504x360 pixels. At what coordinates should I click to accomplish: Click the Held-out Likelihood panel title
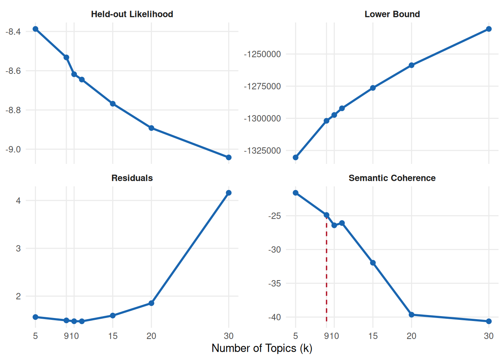tap(132, 14)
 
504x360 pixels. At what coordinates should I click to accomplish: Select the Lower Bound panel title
tap(392, 14)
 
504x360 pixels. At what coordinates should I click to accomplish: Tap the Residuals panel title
tap(132, 178)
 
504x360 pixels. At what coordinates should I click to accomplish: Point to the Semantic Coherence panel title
tap(392, 178)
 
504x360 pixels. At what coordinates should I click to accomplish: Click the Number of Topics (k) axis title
tap(262, 348)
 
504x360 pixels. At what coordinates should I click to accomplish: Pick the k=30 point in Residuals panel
tap(229, 193)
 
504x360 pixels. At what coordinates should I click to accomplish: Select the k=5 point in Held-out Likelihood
tap(36, 29)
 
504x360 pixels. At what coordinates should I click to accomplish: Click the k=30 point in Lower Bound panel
tap(489, 29)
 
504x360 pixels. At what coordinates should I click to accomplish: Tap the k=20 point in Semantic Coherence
tap(411, 315)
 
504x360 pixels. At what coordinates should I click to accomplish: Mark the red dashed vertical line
tap(327, 270)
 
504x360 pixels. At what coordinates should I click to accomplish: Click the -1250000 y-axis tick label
tap(262, 54)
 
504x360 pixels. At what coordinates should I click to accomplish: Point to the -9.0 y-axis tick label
tap(13, 150)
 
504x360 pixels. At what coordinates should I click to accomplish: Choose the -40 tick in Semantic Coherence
tap(274, 317)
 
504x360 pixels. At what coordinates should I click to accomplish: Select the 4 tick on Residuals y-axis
tap(18, 201)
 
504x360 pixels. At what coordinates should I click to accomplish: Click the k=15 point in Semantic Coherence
tap(373, 263)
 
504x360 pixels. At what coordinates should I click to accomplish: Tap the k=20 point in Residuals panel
tap(151, 303)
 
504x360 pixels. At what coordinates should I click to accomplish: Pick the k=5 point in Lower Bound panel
tap(295, 157)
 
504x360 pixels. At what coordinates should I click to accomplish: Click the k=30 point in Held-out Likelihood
tap(229, 157)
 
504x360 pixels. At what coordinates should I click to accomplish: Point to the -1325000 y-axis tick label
tap(262, 151)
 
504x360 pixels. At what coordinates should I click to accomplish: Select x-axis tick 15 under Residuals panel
tap(113, 336)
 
